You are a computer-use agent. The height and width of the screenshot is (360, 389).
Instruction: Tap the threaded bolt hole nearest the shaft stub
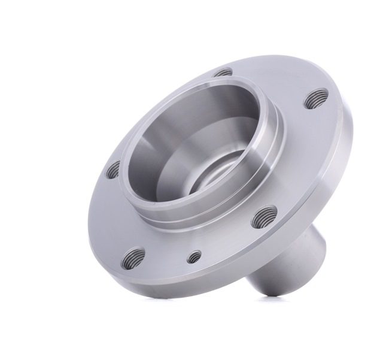click(x=264, y=217)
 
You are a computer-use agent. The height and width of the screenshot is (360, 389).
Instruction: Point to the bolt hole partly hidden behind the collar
click(x=223, y=73)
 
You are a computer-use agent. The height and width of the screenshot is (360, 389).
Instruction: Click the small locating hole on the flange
click(x=194, y=258)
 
